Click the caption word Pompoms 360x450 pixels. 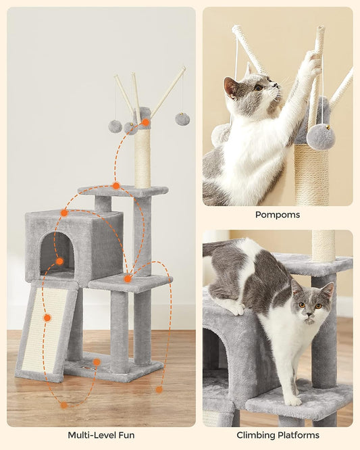tap(277, 215)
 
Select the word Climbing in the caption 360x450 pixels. tap(258, 436)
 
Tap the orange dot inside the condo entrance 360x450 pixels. tap(59, 261)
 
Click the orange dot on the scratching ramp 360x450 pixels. tap(47, 318)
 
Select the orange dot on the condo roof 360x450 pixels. tap(64, 213)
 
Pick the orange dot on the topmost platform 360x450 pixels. tap(116, 186)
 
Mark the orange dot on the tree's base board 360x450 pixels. tap(97, 362)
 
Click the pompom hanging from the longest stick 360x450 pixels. tap(182, 119)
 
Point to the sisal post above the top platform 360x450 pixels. tap(143, 162)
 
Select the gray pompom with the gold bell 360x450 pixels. tap(321, 136)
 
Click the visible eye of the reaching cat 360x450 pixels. tap(258, 87)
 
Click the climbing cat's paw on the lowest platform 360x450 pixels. tap(292, 400)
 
